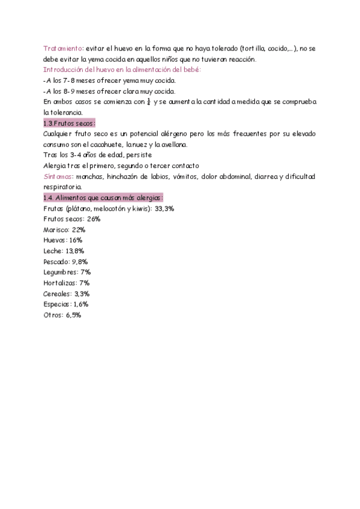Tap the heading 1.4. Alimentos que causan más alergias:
(103, 197)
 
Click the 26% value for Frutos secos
(93, 219)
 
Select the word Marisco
(56, 230)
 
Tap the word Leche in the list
(53, 251)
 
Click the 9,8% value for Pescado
(80, 262)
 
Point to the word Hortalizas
(60, 283)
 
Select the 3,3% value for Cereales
(82, 294)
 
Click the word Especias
(58, 304)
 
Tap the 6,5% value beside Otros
(73, 315)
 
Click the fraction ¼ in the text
(148, 101)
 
